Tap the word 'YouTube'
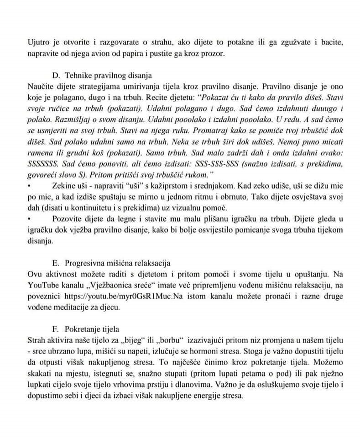(42, 286)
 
